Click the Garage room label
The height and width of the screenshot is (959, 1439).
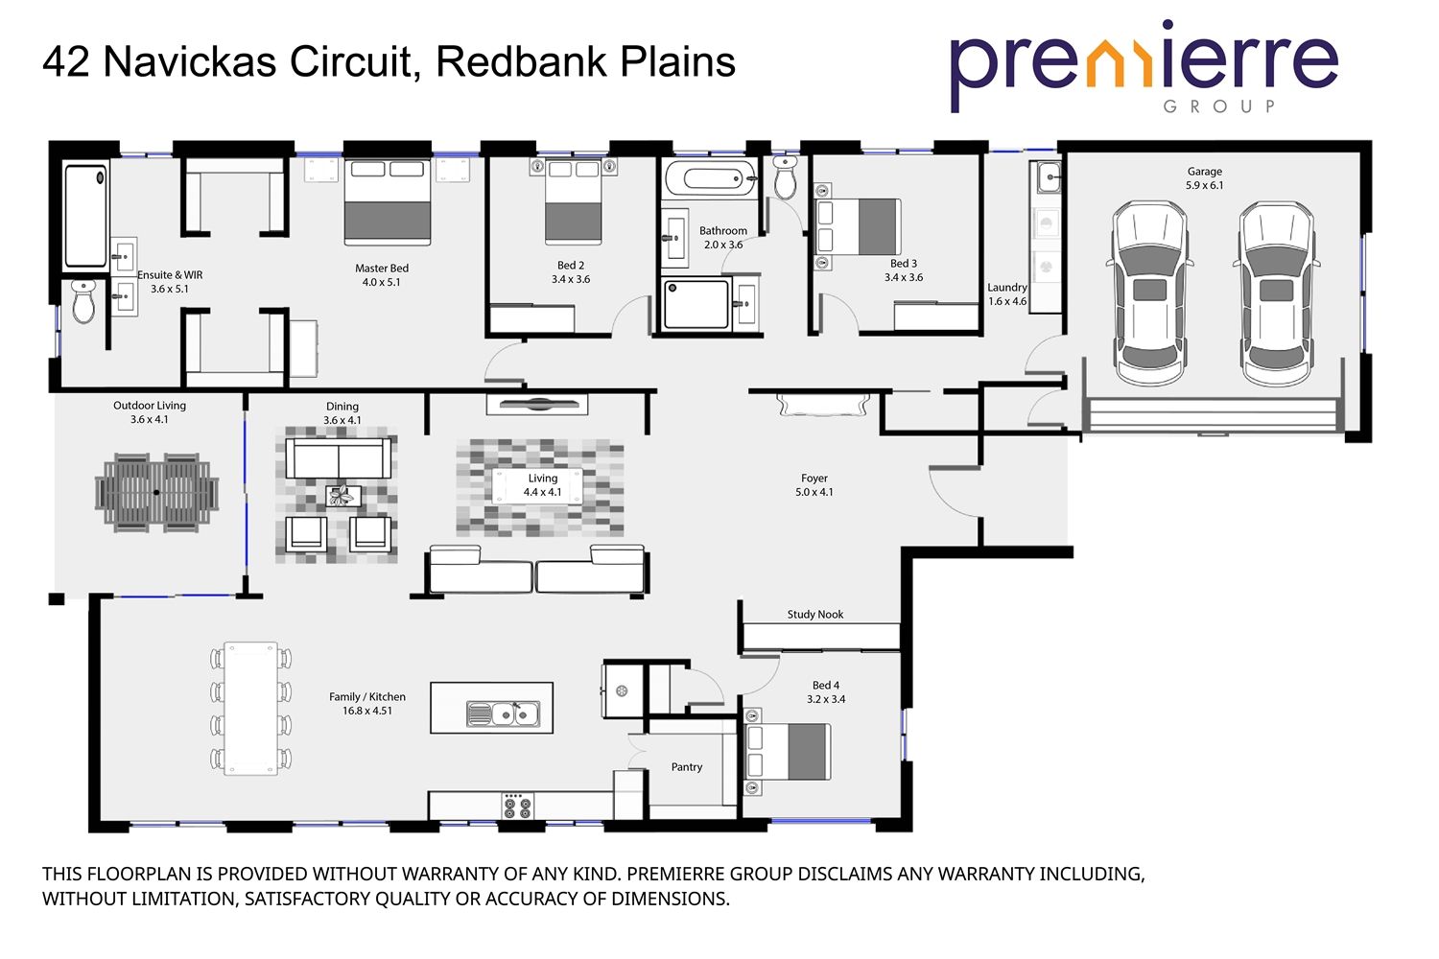1204,172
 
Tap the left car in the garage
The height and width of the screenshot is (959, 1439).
1150,292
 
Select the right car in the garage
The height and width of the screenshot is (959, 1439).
1275,292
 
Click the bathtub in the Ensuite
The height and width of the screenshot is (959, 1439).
85,217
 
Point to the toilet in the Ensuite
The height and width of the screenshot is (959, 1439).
84,301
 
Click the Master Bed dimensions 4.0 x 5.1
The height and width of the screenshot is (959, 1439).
381,283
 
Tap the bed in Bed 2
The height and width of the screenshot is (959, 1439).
574,203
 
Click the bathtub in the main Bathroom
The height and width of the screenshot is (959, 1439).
710,179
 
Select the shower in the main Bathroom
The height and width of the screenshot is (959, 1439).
695,304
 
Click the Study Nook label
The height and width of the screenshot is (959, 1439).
814,615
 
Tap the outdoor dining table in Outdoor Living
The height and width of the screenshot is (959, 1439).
157,493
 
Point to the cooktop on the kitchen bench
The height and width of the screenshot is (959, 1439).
517,807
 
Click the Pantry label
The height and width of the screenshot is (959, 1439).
687,767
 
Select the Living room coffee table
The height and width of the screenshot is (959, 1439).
537,486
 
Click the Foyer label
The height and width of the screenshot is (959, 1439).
814,479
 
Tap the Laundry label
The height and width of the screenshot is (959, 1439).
1006,288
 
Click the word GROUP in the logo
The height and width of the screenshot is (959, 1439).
1218,106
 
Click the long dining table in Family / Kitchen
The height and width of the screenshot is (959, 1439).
250,708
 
